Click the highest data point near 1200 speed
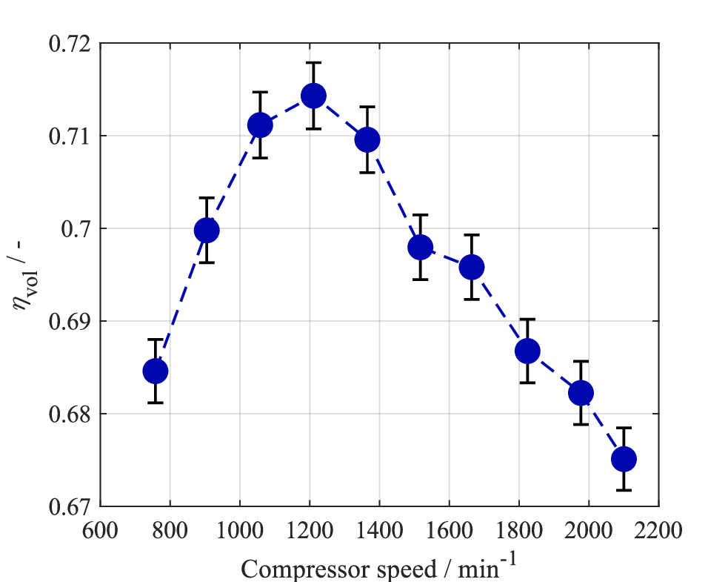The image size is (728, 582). click(x=313, y=96)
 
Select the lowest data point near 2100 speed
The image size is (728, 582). click(x=624, y=459)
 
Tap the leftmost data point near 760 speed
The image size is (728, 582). click(x=156, y=371)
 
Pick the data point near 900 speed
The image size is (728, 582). click(x=207, y=231)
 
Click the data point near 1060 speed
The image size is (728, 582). click(x=260, y=125)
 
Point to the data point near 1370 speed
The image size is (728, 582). click(x=367, y=139)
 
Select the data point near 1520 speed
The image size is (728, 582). click(x=420, y=247)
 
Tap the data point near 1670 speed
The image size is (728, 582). click(x=472, y=267)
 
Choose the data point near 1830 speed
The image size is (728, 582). click(x=527, y=351)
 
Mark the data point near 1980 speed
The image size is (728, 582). click(x=581, y=392)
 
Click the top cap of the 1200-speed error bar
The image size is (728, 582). click(x=313, y=63)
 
